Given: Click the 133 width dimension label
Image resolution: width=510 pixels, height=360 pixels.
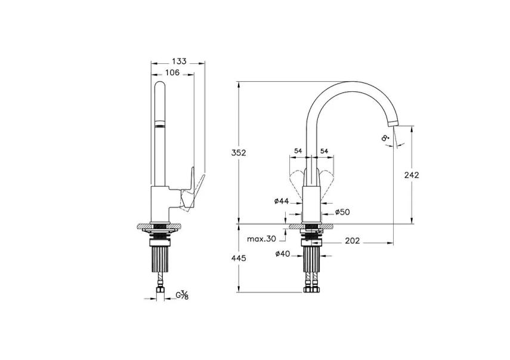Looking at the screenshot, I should pyautogui.click(x=179, y=61).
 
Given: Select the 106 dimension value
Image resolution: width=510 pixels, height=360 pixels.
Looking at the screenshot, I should pyautogui.click(x=172, y=73).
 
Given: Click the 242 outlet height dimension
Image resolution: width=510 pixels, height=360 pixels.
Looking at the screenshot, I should pyautogui.click(x=412, y=175).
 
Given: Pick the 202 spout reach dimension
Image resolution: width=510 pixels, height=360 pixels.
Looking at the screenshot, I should pyautogui.click(x=353, y=242).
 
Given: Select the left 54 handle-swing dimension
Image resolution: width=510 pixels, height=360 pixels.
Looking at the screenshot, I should pyautogui.click(x=298, y=152).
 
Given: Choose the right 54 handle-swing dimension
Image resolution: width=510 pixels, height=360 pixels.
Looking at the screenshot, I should pyautogui.click(x=324, y=152).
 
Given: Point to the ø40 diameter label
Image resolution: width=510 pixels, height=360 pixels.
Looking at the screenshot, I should pyautogui.click(x=283, y=254).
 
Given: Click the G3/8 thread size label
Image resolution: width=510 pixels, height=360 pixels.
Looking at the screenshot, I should pyautogui.click(x=183, y=294).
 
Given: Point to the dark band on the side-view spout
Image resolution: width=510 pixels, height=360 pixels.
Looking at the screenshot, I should pyautogui.click(x=160, y=124).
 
